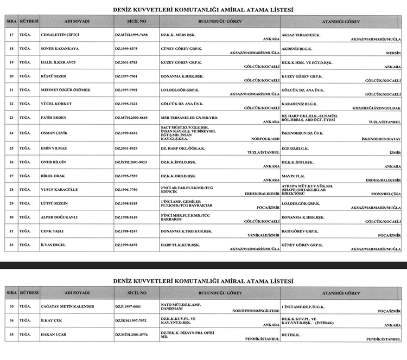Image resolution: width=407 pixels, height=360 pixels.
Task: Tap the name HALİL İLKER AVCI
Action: tap(58, 62)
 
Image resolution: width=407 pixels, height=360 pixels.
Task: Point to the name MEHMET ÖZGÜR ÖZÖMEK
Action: tap(65, 89)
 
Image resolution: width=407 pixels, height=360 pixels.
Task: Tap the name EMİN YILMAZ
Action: tap(54, 147)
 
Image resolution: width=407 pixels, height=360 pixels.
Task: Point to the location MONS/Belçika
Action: tap(386, 194)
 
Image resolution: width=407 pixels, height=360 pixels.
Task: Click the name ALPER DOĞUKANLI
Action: tap(59, 217)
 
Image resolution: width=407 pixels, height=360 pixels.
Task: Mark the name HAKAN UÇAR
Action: tap(53, 335)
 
